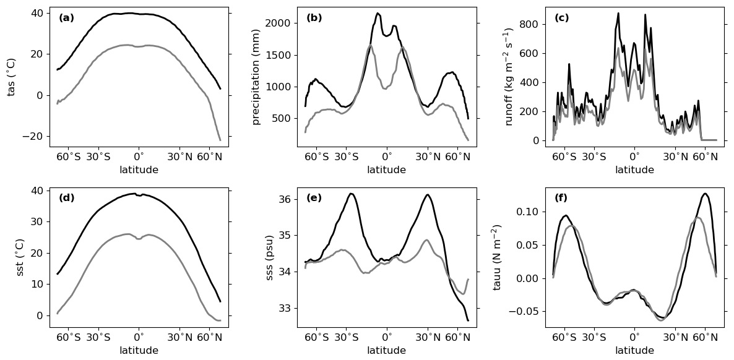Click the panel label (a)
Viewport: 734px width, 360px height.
click(x=66, y=19)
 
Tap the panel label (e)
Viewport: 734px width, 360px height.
click(x=314, y=199)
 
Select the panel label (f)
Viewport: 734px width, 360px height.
click(x=561, y=199)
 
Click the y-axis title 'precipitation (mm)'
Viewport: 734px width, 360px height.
click(x=256, y=77)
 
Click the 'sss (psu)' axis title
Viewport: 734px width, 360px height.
click(x=269, y=257)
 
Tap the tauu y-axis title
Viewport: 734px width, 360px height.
click(x=497, y=257)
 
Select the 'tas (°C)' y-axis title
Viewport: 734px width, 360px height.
click(x=11, y=77)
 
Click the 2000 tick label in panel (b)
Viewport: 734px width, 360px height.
click(x=278, y=24)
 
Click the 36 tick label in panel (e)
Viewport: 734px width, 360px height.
click(x=284, y=199)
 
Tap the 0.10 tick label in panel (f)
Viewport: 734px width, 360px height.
click(x=526, y=212)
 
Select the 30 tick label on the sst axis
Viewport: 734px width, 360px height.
click(x=37, y=221)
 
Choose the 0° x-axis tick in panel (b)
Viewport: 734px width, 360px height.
click(x=387, y=158)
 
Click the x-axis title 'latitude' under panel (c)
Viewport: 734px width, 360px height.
click(x=634, y=170)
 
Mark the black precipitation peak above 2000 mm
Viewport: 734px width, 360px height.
click(x=378, y=13)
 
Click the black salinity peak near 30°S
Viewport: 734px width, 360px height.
click(x=351, y=194)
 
